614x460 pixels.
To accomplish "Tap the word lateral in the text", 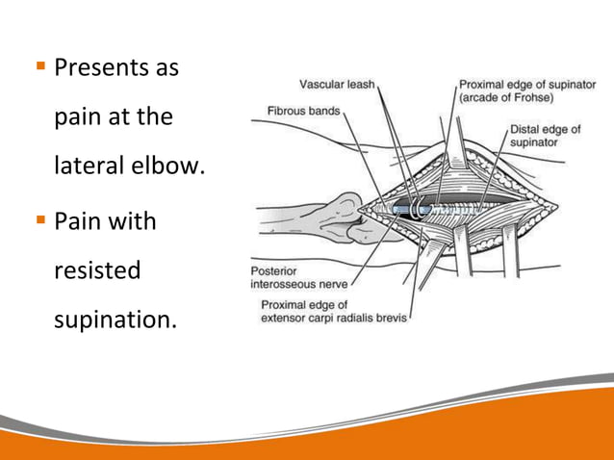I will tap(87, 167).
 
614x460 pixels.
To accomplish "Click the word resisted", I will tap(97, 270).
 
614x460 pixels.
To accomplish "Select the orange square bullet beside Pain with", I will tap(39, 220).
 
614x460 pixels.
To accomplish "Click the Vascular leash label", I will tap(337, 84).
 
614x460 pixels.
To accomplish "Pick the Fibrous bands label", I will tap(303, 111).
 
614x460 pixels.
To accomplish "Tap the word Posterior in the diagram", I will tap(277, 271).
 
